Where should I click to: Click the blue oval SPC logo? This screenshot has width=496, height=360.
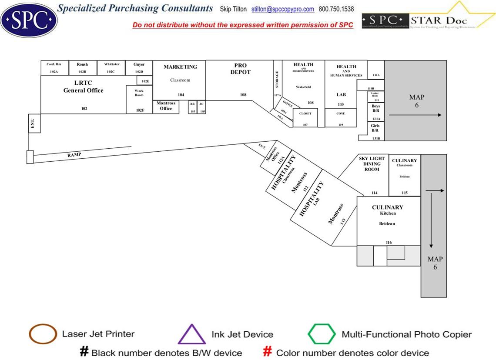coord(29,19)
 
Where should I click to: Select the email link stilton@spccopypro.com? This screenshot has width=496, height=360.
coord(282,9)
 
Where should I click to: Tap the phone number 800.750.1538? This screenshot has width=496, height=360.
coord(336,9)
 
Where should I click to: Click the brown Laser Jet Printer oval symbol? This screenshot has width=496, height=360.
coord(43,334)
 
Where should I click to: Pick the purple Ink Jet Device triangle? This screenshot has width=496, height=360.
coord(192,335)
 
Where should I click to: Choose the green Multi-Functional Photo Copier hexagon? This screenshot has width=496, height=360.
coord(322,334)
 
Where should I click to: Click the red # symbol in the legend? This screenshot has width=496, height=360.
coord(268,352)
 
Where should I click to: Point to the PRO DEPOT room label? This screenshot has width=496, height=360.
coord(241,69)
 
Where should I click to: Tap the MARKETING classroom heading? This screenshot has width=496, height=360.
coord(180,67)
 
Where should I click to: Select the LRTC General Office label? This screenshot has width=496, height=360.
coord(84,87)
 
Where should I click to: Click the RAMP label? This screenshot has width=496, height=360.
coord(74,154)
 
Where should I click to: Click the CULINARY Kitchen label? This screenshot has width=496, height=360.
coord(388,210)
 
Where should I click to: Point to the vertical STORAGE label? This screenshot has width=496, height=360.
coord(277,80)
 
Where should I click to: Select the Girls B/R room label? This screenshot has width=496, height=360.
coord(375,128)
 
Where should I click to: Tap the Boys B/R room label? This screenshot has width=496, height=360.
coord(376,108)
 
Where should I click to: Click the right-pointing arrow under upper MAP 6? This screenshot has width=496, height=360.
coord(415,115)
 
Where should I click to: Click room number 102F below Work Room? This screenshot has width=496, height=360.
coord(140,110)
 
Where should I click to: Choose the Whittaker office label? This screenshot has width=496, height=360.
coord(112,64)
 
